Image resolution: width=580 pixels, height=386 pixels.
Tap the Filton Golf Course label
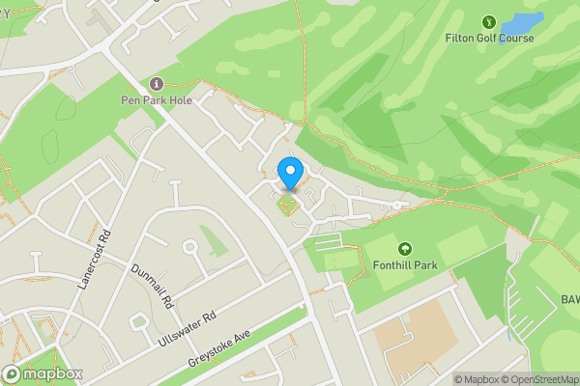tap(489, 39)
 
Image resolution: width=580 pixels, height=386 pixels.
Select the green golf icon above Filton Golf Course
tap(489, 21)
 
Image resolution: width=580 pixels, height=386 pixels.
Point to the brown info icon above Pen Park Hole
tap(158, 84)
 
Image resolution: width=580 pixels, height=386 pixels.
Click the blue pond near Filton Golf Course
tap(523, 21)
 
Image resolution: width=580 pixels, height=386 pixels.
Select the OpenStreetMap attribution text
tap(536, 379)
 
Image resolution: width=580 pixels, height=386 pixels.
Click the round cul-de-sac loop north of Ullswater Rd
tap(189, 248)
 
